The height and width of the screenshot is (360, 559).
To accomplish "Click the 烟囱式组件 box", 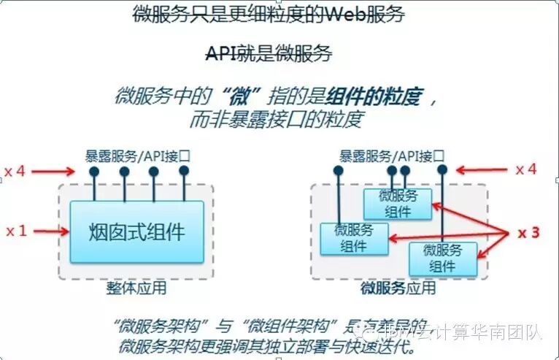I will point(136,232).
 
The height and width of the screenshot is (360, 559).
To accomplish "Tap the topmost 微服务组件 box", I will point(398,204).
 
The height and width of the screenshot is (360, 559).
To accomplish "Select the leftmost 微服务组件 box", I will point(354,239).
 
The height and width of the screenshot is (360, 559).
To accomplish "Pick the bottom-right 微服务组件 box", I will point(442,258).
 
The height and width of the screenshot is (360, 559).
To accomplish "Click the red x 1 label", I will point(16,231).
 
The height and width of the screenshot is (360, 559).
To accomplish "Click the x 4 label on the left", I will point(16,171).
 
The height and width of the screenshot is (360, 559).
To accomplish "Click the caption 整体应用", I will point(136,288).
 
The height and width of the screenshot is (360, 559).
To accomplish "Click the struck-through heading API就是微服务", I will point(269,53).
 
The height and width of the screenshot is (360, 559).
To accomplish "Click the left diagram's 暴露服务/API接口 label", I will point(138,155).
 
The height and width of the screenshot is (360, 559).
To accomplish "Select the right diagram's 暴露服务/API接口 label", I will point(392,155).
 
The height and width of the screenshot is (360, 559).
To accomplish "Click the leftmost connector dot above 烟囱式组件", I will point(94,172).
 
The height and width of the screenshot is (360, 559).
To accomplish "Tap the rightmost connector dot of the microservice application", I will point(442,169).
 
